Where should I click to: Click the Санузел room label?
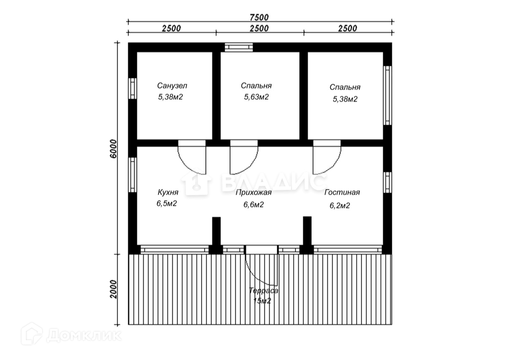coord(172,86)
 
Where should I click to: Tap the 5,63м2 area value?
coord(257,97)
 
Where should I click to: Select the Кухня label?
coord(168,192)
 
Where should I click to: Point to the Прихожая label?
coord(254,193)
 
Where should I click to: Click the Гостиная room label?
coord(342,193)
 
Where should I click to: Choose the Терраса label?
coord(264,291)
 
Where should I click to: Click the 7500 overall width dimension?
coord(259,17)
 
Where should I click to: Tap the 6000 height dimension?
coord(113,149)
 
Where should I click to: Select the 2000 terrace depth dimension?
coord(113,289)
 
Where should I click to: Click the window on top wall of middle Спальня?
coord(239,47)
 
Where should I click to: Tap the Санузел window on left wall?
coord(132,88)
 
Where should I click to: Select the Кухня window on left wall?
coord(132,175)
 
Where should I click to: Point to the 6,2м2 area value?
coord(340,206)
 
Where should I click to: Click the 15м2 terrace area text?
coord(262,301)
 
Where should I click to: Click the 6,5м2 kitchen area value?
coord(167,203)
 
